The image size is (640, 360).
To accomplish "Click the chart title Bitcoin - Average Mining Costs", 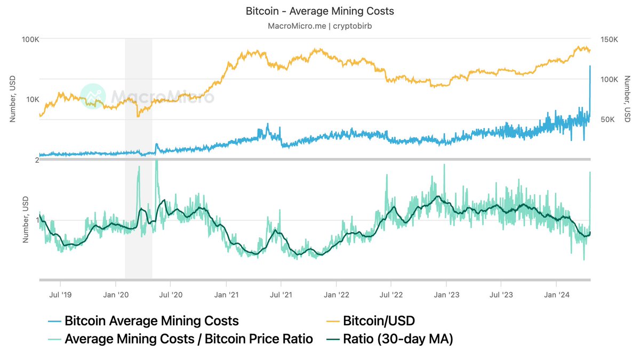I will (320, 11).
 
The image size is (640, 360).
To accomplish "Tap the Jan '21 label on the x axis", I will (226, 294).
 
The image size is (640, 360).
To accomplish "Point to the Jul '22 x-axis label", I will (391, 294).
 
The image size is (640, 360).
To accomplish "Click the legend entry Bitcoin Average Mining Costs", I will (151, 321).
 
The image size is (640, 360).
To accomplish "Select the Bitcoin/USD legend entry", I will (378, 321).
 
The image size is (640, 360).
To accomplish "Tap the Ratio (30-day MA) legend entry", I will (397, 339).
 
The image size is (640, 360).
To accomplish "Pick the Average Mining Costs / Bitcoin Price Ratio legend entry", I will (188, 339).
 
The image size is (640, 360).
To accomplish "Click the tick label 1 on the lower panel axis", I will (37, 220).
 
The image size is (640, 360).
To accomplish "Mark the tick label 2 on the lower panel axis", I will (37, 161).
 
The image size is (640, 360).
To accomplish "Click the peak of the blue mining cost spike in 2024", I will (589, 66).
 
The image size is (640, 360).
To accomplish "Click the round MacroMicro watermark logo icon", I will (93, 97).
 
